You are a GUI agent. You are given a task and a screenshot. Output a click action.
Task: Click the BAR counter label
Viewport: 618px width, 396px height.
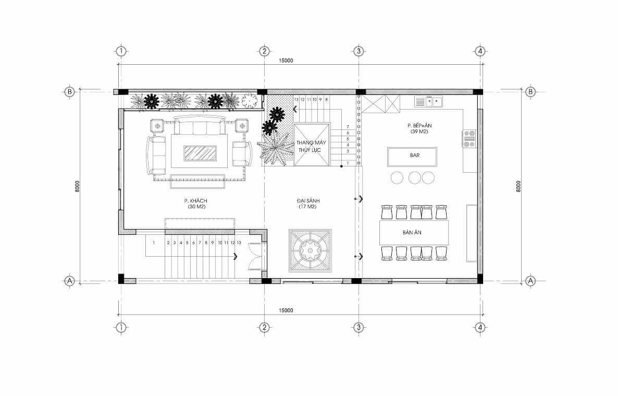click(x=415, y=155)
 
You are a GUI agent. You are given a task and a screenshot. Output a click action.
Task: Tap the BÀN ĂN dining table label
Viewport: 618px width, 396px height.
click(x=412, y=233)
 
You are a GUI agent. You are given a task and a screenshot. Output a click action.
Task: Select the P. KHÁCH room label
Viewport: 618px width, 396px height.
click(x=195, y=201)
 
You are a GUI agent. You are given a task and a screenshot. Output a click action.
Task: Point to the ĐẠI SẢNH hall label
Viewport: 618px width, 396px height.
click(x=308, y=201)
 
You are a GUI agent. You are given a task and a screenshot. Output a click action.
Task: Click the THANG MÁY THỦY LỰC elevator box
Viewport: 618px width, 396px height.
click(x=312, y=145)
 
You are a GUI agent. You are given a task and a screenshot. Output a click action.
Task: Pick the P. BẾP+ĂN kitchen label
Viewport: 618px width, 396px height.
click(x=419, y=126)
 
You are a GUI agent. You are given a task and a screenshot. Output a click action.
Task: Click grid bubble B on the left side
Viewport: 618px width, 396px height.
click(x=69, y=92)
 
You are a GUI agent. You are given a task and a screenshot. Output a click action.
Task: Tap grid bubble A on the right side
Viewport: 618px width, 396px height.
click(x=530, y=281)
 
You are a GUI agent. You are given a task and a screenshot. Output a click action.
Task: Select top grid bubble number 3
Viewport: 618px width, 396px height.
click(x=359, y=51)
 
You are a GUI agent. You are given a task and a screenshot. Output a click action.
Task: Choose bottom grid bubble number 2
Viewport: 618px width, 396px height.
click(x=264, y=327)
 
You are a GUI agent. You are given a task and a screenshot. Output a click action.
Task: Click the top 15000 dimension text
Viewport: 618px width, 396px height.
click(x=286, y=61)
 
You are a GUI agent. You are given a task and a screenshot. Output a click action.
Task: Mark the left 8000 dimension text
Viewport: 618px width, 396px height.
click(x=77, y=186)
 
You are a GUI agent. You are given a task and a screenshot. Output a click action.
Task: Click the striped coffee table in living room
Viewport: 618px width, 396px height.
click(x=200, y=153)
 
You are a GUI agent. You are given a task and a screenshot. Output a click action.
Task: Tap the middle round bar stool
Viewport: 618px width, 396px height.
click(x=415, y=178)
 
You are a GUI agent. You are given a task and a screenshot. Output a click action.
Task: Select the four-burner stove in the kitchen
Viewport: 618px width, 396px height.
click(x=469, y=139)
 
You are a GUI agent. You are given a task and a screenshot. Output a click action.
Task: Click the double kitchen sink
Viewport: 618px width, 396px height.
click(x=428, y=102)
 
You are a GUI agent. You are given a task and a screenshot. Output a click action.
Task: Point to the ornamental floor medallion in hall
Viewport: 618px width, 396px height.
click(x=310, y=250)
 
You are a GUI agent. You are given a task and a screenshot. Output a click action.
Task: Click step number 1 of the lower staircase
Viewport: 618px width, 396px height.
click(x=154, y=243)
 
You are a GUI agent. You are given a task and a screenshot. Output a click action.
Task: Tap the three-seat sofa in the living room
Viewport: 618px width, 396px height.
click(x=198, y=125)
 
